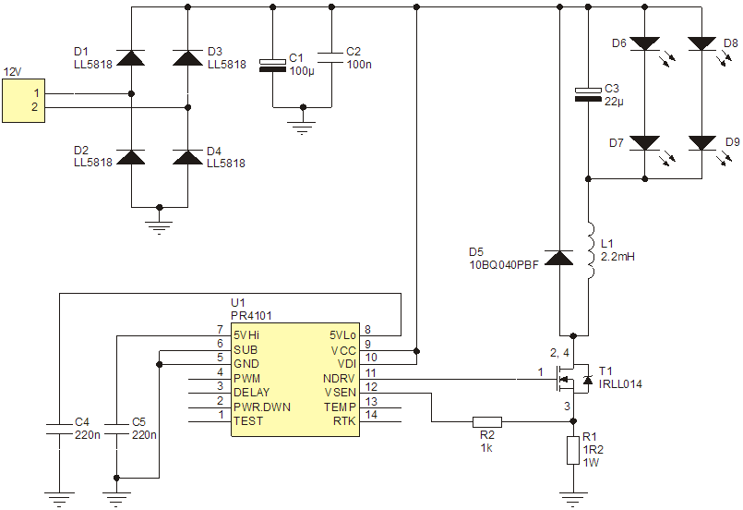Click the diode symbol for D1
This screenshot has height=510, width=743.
click(131, 57)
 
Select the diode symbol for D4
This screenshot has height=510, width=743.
click(187, 157)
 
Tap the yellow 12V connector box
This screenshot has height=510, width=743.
click(24, 101)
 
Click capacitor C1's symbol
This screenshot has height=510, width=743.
click(272, 66)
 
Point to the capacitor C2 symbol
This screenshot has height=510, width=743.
click(331, 58)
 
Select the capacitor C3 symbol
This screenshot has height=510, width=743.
click(588, 94)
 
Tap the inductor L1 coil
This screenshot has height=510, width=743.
click(590, 250)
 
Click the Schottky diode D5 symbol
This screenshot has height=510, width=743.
click(559, 258)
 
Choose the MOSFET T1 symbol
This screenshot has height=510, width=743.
click(572, 379)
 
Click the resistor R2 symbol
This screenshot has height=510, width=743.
click(487, 421)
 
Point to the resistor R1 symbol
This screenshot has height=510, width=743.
click(573, 451)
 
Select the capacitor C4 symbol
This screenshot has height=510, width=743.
click(59, 430)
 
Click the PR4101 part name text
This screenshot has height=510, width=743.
click(251, 315)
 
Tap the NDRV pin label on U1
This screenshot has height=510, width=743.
click(339, 379)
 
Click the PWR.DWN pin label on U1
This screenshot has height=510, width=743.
click(262, 407)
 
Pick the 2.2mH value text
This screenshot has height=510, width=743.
click(617, 257)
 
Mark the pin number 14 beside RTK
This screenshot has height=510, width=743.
click(371, 415)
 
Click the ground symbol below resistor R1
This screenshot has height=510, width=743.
click(573, 497)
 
